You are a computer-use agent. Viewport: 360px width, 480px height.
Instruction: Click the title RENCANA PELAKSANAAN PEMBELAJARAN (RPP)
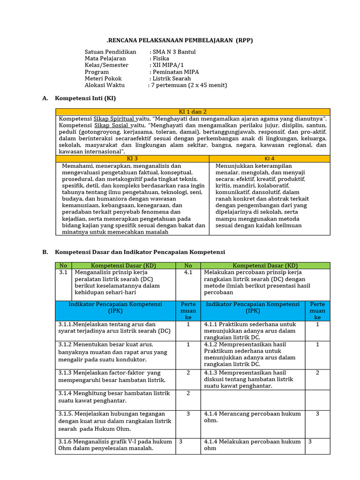coord(180,40)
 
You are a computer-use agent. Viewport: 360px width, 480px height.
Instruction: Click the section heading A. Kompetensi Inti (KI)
coord(85,98)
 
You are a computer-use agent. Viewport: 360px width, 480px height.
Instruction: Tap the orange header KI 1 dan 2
coord(193,112)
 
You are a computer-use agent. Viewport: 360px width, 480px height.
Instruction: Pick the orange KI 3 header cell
coord(133,159)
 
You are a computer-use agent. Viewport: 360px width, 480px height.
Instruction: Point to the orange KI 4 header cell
coord(270,159)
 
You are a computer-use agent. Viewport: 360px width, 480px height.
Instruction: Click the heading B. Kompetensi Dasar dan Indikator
coord(140,252)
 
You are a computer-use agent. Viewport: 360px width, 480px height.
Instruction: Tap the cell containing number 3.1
coord(64,272)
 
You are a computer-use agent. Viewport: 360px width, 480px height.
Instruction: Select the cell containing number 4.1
coord(188,272)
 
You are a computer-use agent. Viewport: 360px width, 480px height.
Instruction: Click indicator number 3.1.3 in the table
coord(67,373)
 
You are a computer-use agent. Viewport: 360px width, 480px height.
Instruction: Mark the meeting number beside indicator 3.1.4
coord(188,393)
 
